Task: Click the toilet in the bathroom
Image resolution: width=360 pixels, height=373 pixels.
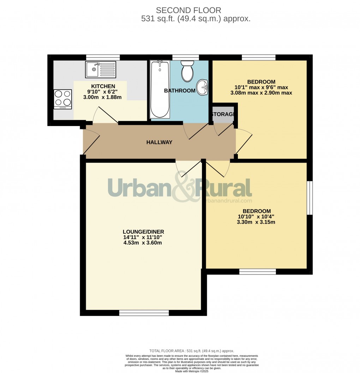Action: (x=187, y=71)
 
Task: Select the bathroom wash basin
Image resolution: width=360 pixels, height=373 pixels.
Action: (x=203, y=87)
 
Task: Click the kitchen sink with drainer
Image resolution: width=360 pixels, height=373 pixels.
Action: (x=100, y=70)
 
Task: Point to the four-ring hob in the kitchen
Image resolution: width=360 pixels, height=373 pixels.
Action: (x=62, y=99)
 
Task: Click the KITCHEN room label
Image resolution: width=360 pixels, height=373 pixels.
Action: (x=103, y=86)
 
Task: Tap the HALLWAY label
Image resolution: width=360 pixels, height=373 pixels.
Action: (x=159, y=142)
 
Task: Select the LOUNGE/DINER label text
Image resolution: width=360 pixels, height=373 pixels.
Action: (x=141, y=232)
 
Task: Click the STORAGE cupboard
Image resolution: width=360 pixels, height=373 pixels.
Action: (x=223, y=114)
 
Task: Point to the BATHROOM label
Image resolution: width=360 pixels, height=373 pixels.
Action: (x=180, y=91)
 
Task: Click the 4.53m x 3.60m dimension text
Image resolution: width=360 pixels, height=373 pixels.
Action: (x=140, y=243)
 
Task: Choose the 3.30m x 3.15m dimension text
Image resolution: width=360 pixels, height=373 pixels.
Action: (x=257, y=222)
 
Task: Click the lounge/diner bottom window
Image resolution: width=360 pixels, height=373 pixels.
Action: (x=144, y=312)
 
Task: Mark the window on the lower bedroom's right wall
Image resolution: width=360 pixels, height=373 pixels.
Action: (x=310, y=198)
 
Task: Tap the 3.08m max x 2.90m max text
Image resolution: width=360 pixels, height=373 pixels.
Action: (x=262, y=93)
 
